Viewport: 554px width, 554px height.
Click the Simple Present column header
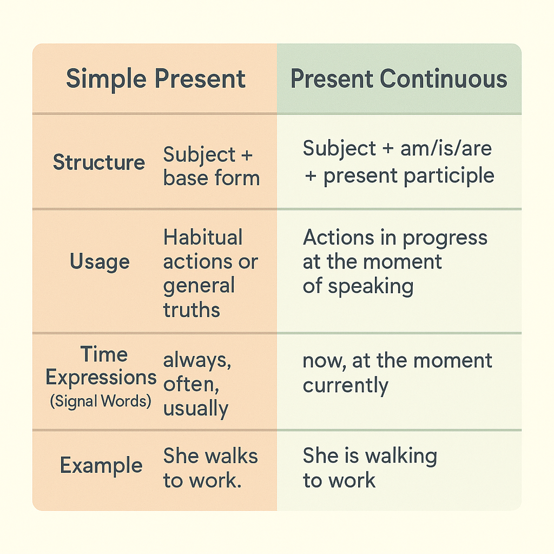(155, 79)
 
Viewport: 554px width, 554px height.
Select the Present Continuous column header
(399, 78)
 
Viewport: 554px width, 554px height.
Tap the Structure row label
(99, 162)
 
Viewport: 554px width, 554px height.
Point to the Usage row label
(100, 262)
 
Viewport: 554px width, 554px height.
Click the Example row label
(101, 465)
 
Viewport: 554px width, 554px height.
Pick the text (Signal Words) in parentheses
(101, 401)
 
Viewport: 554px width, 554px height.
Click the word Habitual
(203, 237)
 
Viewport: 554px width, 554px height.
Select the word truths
(192, 310)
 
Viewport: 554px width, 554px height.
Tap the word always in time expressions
(197, 361)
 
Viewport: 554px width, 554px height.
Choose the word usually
(196, 409)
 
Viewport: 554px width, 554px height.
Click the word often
(191, 384)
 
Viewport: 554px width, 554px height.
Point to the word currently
(346, 385)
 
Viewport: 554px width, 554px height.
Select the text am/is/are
(446, 148)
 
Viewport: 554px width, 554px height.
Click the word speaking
(371, 286)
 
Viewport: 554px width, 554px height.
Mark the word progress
(445, 238)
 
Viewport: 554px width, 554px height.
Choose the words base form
(212, 177)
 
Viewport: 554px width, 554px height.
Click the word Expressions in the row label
(101, 378)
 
